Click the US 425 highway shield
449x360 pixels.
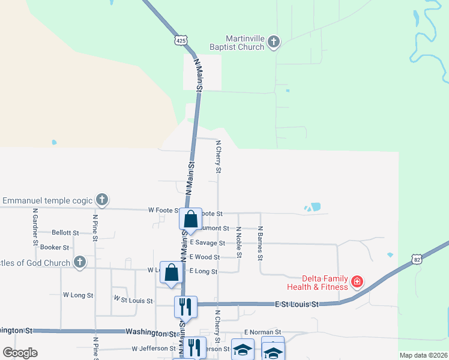pos(181,40)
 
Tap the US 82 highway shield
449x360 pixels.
pos(417,259)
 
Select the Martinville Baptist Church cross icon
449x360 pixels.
pos(274,41)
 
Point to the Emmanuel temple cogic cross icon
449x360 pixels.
pos(102,200)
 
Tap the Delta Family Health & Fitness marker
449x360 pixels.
pos(357,281)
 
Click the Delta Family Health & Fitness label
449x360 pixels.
pos(326,283)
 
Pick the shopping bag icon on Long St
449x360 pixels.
pos(172,272)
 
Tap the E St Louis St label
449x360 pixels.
pos(297,305)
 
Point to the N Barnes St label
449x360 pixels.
pos(261,243)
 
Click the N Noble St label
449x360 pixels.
pos(239,242)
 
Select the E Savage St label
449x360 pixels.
pos(207,243)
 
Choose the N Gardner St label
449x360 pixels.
pos(36,223)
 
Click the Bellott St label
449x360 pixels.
pos(65,233)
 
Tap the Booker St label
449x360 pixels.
pos(55,247)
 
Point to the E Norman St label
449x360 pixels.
pos(262,332)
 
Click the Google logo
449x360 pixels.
pos(20,353)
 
